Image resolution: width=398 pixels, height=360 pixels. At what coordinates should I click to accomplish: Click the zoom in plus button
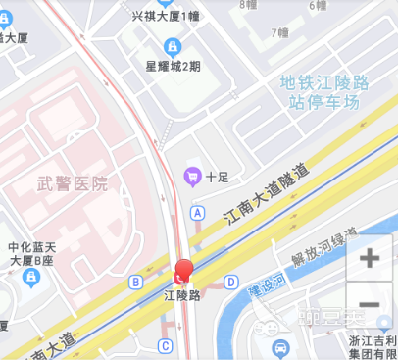[370, 259]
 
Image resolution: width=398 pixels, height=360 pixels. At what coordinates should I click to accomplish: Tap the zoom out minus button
[370, 304]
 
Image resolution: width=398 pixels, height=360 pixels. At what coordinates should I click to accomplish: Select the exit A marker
[198, 212]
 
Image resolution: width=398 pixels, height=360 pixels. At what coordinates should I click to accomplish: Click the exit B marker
[135, 283]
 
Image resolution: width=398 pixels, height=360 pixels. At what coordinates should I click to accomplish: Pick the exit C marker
[166, 345]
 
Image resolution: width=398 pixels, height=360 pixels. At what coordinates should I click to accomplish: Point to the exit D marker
[230, 283]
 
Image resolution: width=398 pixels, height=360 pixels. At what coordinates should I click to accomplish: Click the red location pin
[183, 272]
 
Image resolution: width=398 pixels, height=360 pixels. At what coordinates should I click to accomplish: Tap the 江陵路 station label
[181, 295]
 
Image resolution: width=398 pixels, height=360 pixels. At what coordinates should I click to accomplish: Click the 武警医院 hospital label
[73, 183]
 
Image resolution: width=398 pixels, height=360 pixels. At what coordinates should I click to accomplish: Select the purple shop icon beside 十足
[192, 177]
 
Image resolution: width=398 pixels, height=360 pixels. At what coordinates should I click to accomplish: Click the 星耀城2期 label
[173, 67]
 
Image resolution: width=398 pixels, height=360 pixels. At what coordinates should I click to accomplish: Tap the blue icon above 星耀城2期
[173, 46]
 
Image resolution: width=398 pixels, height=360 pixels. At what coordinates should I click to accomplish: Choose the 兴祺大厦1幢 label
[165, 16]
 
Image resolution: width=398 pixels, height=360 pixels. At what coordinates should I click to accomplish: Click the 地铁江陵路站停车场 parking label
[319, 92]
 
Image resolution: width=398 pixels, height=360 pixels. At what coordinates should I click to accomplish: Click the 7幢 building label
[281, 32]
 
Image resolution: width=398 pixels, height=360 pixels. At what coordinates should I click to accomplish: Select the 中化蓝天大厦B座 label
[33, 254]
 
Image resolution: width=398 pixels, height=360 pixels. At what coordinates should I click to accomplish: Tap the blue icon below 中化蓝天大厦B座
[31, 278]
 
